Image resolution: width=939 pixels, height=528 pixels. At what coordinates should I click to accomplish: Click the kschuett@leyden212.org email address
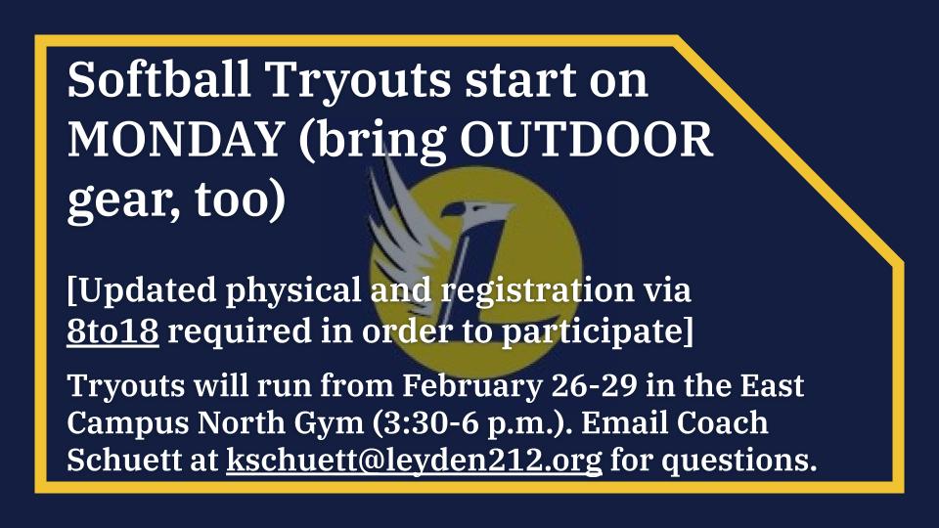click(414, 459)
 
